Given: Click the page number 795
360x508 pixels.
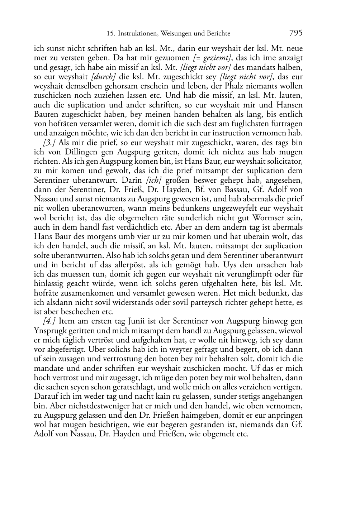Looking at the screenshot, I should click(295, 33).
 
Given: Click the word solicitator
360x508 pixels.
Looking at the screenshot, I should click(283, 161).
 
